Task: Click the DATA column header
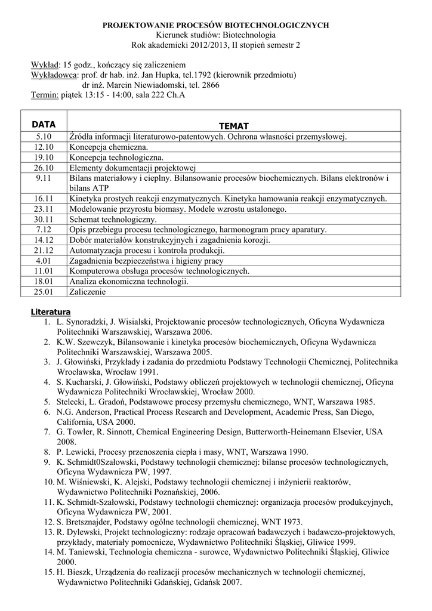[x=44, y=125]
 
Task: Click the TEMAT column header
[x=234, y=125]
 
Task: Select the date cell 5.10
[x=45, y=137]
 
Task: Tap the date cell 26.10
[x=44, y=168]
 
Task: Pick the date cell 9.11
[x=45, y=178]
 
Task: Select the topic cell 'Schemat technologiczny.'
[x=113, y=219]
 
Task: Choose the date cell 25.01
[x=44, y=292]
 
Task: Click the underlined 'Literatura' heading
[x=51, y=312]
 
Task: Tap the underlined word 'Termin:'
[x=45, y=95]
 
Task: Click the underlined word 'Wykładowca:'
[x=54, y=75]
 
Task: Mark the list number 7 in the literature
[x=47, y=431]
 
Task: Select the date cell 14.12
[x=44, y=240]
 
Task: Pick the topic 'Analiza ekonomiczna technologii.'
[x=129, y=281]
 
